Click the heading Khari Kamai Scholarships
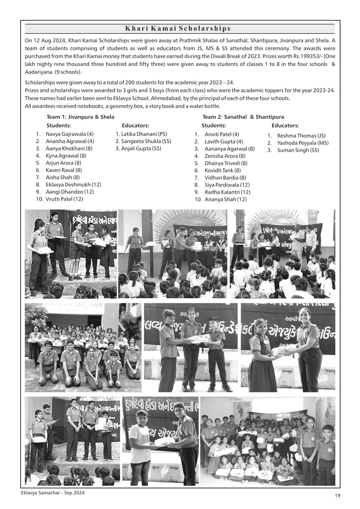click(x=177, y=28)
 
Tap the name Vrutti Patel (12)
click(x=64, y=199)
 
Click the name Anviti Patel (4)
click(x=222, y=134)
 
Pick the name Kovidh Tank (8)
click(x=223, y=170)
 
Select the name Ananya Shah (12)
click(x=226, y=199)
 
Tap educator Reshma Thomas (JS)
click(x=301, y=136)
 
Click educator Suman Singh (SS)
click(x=298, y=150)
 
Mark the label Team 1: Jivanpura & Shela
click(x=81, y=117)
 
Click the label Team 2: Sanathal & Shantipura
click(x=243, y=117)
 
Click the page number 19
click(x=337, y=496)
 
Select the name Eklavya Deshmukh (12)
click(x=73, y=184)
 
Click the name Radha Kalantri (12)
click(x=228, y=192)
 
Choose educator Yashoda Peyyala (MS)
click(x=303, y=143)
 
